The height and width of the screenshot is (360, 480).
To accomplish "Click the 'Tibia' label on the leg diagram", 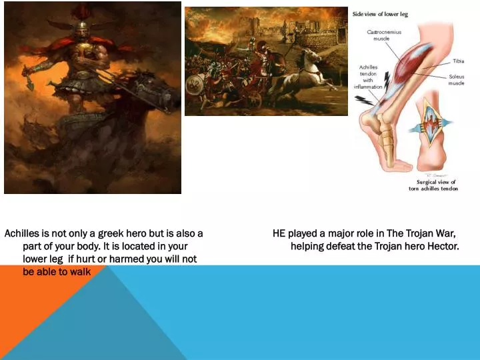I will coord(459,61).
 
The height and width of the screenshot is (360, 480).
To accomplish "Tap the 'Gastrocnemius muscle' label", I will coord(384,35).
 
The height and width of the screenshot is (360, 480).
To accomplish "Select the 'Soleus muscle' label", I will coord(456,80).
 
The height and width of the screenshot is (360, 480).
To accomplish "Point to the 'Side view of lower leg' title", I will coord(380,14).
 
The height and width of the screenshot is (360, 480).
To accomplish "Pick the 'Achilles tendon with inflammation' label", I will coord(369,77).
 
